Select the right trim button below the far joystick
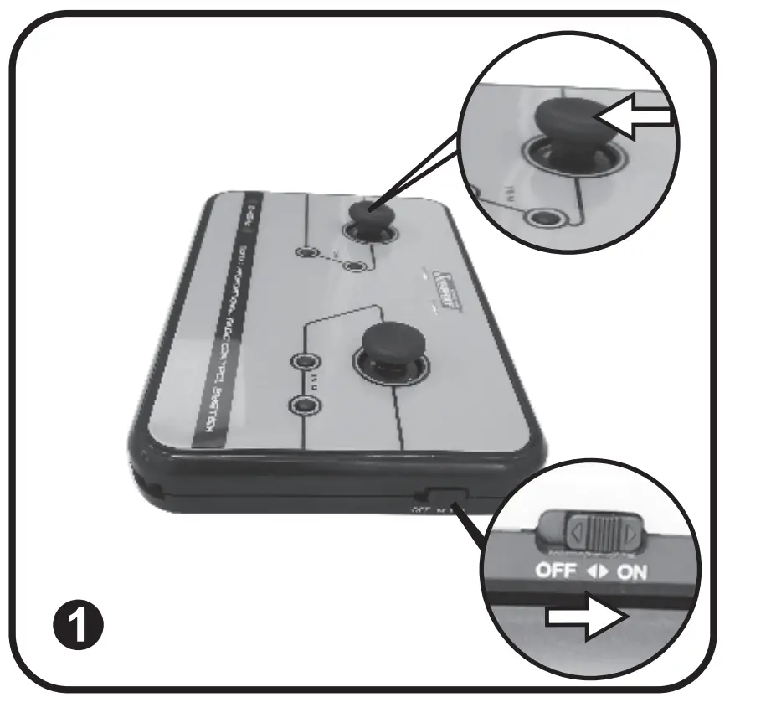pos(358,266)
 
